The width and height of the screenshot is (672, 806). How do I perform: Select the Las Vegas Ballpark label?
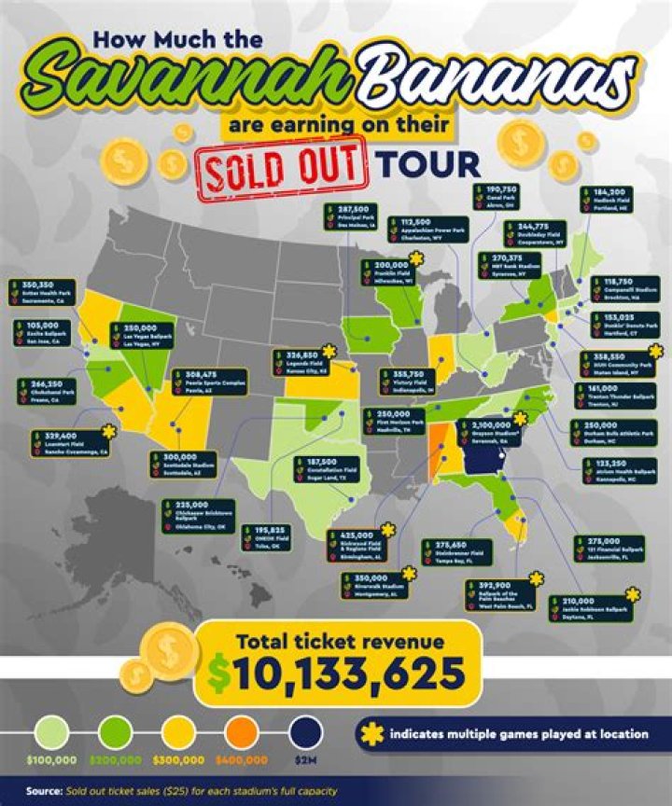pyautogui.click(x=145, y=335)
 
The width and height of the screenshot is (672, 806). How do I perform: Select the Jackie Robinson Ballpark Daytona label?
pyautogui.click(x=590, y=609)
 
